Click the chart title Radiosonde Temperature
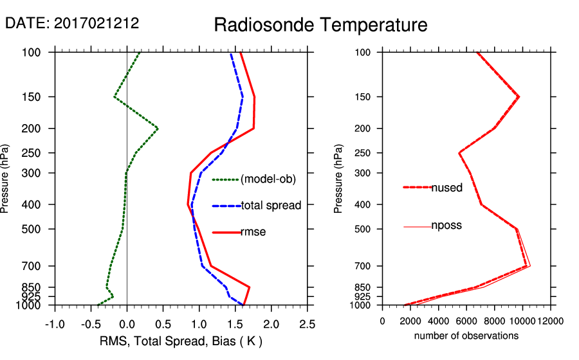pyautogui.click(x=320, y=25)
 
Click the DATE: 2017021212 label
pyautogui.click(x=72, y=24)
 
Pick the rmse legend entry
pyautogui.click(x=253, y=232)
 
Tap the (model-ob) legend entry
pyautogui.click(x=268, y=179)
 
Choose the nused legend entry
pyautogui.click(x=446, y=188)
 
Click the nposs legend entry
pyautogui.click(x=446, y=226)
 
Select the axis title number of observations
pyautogui.click(x=466, y=336)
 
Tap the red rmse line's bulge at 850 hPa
pyautogui.click(x=250, y=287)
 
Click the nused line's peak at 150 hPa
pyautogui.click(x=519, y=97)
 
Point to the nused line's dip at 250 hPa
pyautogui.click(x=459, y=153)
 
